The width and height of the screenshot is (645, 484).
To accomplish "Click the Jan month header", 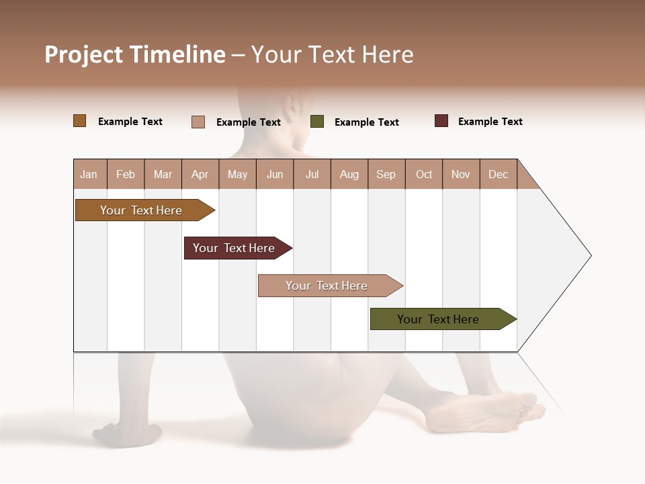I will [x=89, y=174].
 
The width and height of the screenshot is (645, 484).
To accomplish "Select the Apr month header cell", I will [x=200, y=174].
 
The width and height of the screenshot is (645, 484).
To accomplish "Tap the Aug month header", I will [x=349, y=174].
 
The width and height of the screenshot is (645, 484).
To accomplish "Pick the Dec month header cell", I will [x=498, y=174].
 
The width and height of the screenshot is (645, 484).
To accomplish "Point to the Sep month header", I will [x=386, y=174].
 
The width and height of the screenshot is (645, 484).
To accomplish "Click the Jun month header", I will [x=275, y=174].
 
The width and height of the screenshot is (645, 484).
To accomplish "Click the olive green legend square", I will [x=317, y=122].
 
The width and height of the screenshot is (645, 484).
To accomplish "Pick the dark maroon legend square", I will [x=441, y=121].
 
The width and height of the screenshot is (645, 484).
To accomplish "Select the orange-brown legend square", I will [x=80, y=121].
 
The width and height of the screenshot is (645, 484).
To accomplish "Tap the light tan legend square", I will [x=198, y=122].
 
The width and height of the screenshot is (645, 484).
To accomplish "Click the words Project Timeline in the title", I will [x=134, y=54].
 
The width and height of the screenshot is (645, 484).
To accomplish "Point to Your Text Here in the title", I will [x=333, y=54].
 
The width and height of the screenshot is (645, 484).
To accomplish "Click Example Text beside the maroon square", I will [x=490, y=122].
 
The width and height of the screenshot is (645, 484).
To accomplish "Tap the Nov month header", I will [x=461, y=174].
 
